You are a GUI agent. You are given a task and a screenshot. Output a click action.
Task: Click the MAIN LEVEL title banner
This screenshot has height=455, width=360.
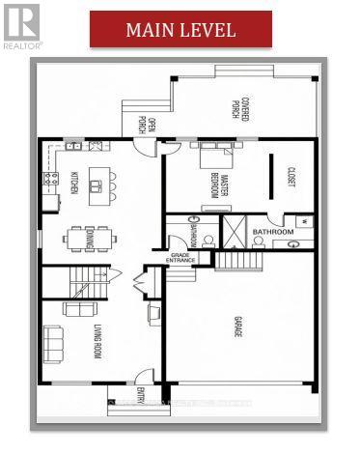[x=180, y=29]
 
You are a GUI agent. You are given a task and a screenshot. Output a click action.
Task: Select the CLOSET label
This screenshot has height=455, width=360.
[x=291, y=178]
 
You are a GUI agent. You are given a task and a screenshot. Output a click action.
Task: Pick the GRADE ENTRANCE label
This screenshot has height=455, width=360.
[x=180, y=258]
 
